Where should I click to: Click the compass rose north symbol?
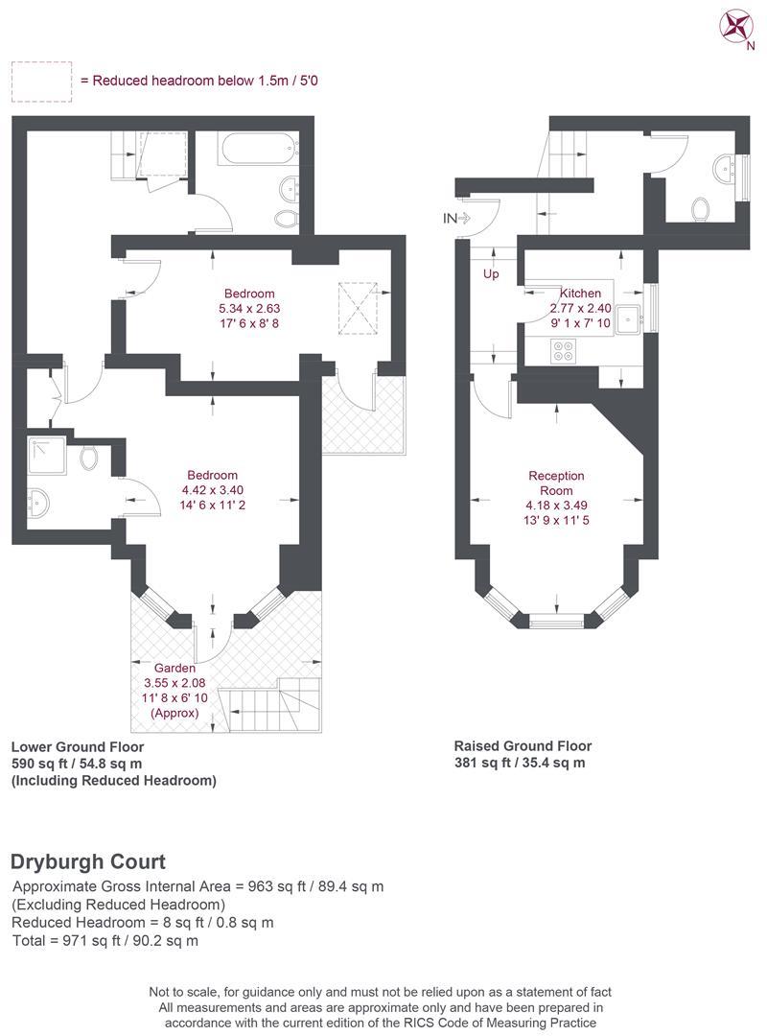(x=736, y=27)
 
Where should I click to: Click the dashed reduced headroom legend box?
(x=41, y=82)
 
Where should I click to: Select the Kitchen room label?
(x=581, y=293)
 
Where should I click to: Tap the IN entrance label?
(x=450, y=218)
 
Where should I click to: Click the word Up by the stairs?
(x=491, y=273)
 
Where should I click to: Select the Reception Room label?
(x=556, y=483)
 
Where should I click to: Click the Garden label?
(x=174, y=668)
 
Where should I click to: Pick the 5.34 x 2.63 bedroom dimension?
(x=249, y=309)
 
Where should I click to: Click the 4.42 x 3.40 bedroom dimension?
(x=212, y=490)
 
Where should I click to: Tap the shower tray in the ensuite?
(x=47, y=455)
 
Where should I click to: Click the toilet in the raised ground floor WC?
(x=701, y=209)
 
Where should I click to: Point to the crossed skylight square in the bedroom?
(x=358, y=309)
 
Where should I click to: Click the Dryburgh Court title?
(x=88, y=861)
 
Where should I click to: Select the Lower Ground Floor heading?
(x=78, y=746)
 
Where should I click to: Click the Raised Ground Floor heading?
(x=523, y=746)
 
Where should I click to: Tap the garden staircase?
(x=270, y=705)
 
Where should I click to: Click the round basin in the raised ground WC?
(x=727, y=169)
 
